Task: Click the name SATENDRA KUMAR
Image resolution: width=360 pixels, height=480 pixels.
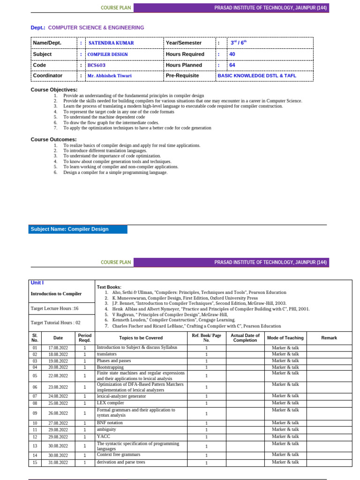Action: [111, 43]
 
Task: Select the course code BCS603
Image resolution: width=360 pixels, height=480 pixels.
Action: [97, 65]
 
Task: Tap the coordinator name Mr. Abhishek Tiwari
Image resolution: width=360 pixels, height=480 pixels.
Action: [110, 76]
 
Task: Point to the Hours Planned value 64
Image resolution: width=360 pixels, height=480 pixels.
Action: [232, 65]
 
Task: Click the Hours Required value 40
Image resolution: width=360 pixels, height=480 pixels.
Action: [232, 54]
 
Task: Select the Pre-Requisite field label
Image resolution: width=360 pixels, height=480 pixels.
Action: [182, 75]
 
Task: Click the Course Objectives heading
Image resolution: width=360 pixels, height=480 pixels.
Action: [54, 90]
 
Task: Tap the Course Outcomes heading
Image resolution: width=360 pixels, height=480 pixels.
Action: [53, 139]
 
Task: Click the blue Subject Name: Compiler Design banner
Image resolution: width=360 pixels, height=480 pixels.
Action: [77, 229]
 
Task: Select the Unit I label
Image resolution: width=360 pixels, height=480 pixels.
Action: [37, 283]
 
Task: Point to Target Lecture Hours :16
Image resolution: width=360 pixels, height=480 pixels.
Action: [54, 308]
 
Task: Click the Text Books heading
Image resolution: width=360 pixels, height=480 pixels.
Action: [109, 287]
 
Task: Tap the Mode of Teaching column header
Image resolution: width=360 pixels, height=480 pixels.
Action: [285, 337]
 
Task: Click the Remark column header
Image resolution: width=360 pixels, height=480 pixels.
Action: [329, 337]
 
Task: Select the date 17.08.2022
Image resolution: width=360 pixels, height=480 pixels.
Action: [58, 348]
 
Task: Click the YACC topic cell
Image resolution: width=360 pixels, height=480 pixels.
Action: [103, 436]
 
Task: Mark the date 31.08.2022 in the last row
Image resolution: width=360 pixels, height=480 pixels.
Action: [58, 463]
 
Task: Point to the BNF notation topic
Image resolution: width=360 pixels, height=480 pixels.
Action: [110, 423]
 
